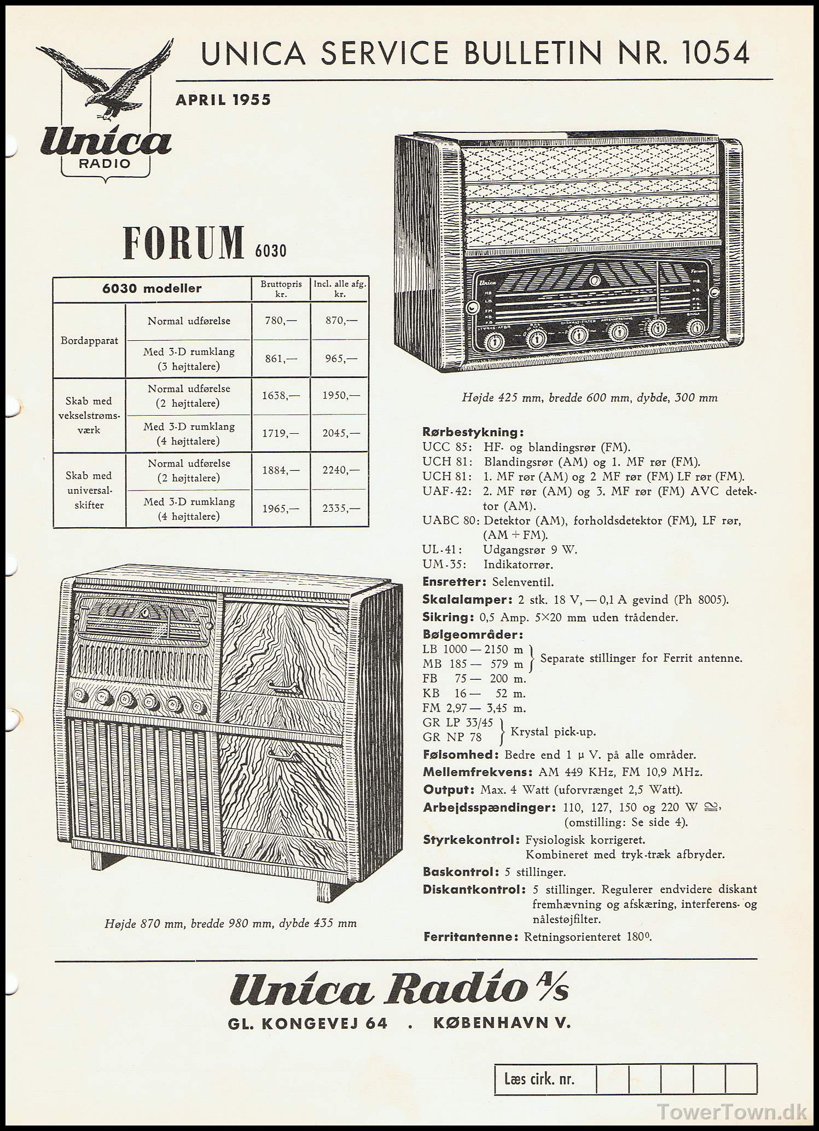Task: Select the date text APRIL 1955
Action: pos(223,100)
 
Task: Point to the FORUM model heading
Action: pos(184,242)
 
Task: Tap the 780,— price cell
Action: pos(281,320)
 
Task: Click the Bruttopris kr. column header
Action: pos(281,289)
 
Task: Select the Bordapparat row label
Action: pos(89,340)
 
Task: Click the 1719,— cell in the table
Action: pos(281,433)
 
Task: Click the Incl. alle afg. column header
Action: pos(340,289)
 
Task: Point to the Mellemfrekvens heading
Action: pos(478,772)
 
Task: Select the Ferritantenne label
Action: pos(471,936)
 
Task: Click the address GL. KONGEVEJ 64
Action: pos(307,1023)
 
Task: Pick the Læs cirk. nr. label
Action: pos(539,1079)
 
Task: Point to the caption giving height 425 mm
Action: pos(589,398)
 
